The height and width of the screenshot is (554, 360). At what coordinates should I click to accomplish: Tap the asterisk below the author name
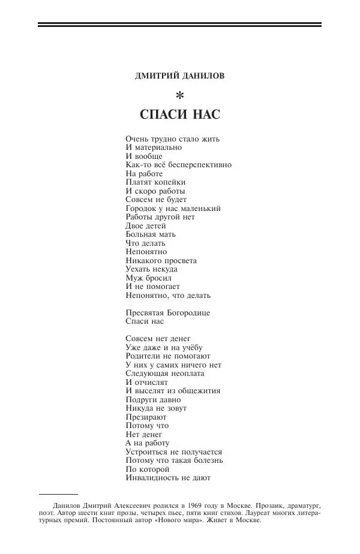tap(179, 95)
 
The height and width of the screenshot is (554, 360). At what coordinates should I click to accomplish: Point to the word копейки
tap(168, 182)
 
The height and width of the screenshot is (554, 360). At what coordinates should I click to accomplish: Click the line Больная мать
tap(150, 234)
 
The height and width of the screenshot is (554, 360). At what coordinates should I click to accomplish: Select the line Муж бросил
tap(149, 278)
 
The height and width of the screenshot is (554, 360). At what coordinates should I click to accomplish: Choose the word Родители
tap(144, 356)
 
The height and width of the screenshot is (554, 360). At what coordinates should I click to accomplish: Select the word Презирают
tap(146, 417)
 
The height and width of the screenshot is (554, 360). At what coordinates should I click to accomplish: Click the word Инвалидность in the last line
tap(150, 478)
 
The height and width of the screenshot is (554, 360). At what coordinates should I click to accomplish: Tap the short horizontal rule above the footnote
tap(58, 495)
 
